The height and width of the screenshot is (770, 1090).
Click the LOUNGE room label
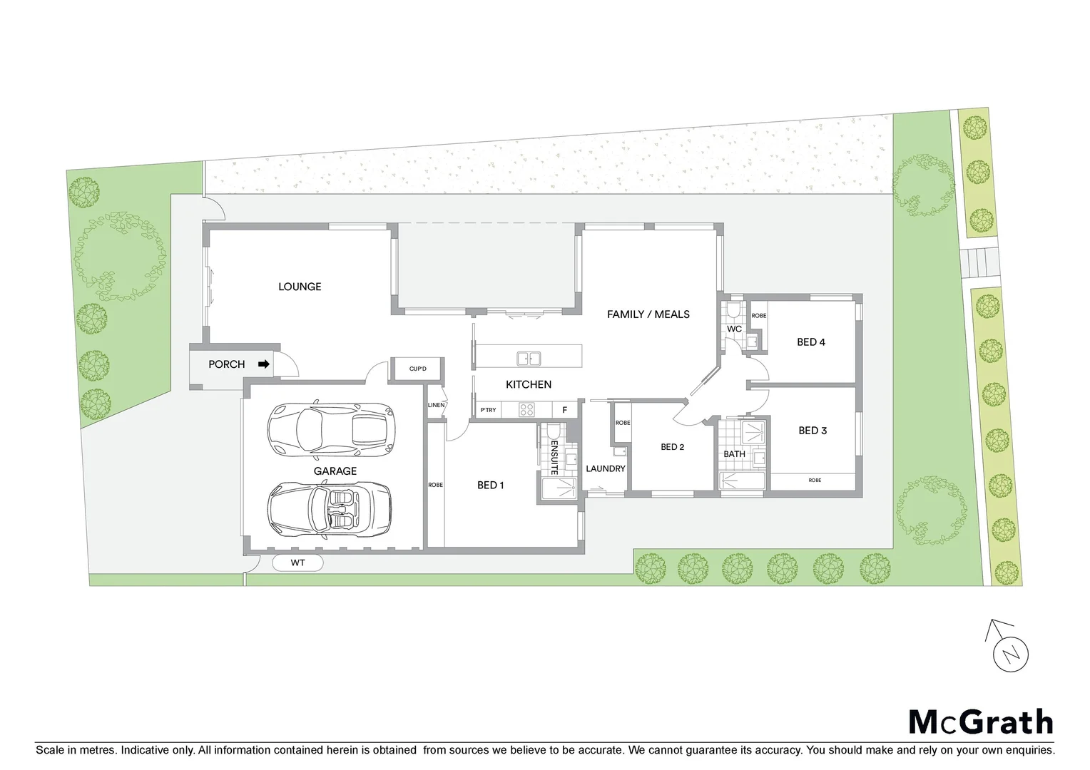[x=300, y=287]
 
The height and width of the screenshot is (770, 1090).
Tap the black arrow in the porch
[x=264, y=364]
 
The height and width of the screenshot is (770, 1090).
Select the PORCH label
[x=226, y=364]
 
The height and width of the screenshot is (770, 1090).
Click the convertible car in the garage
[x=330, y=510]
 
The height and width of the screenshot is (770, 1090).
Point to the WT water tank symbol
[x=297, y=563]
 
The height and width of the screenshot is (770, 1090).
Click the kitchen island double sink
[x=529, y=357]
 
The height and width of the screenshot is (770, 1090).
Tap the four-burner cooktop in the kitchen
[x=526, y=410]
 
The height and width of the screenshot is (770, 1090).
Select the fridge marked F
[x=564, y=410]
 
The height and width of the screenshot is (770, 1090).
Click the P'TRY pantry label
[x=488, y=410]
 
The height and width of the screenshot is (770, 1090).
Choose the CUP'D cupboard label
[x=417, y=369]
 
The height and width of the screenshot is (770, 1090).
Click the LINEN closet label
[x=436, y=405]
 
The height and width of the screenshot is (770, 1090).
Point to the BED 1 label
[x=491, y=486]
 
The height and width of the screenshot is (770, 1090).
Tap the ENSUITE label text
[x=554, y=456]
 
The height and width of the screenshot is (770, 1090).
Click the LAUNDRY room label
[x=605, y=468]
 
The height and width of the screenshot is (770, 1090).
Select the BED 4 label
[x=811, y=342]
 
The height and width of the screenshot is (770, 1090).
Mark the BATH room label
[x=734, y=454]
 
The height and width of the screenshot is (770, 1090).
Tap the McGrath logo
[x=980, y=722]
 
